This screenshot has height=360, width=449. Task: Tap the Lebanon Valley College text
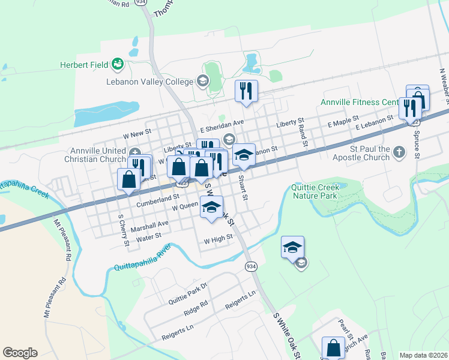[x=150, y=82]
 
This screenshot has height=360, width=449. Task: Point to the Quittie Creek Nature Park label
[x=315, y=191]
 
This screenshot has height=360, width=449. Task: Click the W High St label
[x=218, y=238]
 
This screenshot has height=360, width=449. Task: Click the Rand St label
[x=303, y=134]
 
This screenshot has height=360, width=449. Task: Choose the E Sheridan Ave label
[x=222, y=122]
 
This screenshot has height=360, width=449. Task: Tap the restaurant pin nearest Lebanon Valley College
[x=246, y=91]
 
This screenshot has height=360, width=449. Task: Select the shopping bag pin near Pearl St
[x=333, y=347]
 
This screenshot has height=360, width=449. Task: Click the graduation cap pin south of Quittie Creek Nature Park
[x=292, y=247]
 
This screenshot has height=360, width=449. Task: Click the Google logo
[x=20, y=353]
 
